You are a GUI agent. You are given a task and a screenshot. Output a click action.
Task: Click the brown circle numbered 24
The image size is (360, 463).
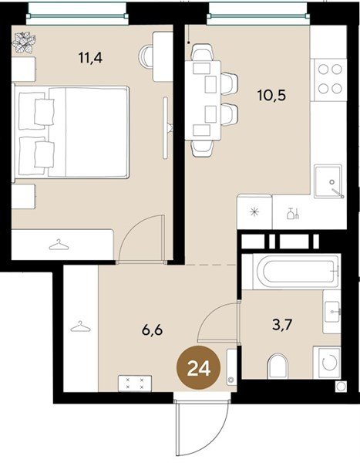coord(199,368)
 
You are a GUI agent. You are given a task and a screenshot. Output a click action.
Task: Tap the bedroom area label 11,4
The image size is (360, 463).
coord(91,57)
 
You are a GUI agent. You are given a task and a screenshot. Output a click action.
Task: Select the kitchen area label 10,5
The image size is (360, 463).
coord(271,95)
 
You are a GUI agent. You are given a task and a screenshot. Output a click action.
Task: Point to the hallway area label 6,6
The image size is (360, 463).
coord(153,330)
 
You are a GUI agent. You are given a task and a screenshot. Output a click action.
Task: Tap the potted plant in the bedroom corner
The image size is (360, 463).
coord(24,42)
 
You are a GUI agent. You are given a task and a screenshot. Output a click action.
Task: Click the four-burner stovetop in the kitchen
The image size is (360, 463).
coord(330,79)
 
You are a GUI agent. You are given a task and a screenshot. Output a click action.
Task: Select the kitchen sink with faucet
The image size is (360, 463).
coord(328,181)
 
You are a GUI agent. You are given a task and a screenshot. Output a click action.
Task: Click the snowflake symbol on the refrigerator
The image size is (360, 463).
coord(254,212)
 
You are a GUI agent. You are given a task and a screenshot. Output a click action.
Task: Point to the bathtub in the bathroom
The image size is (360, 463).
coord(296,272)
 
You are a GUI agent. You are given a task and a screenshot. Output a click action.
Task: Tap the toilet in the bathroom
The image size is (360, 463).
coord(278,366)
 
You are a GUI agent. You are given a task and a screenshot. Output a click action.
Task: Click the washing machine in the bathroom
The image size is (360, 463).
coord(327,362)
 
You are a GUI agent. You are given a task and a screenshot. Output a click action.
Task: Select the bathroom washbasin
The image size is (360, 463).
coord(331,312)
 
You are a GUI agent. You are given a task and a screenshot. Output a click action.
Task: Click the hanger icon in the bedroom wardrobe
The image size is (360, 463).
coord(59,245)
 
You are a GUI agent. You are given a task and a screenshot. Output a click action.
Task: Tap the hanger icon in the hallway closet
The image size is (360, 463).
coord(81,326)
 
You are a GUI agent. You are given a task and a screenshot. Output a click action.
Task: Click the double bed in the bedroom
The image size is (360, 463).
coord(71,132)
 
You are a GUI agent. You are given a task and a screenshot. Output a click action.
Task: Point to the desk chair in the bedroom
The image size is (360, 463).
coord(146,56)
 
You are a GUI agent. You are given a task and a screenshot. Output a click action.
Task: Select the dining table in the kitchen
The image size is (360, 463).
coord(203,100)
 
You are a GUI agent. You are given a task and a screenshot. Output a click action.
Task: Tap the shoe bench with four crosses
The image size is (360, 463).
coord(135,384)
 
